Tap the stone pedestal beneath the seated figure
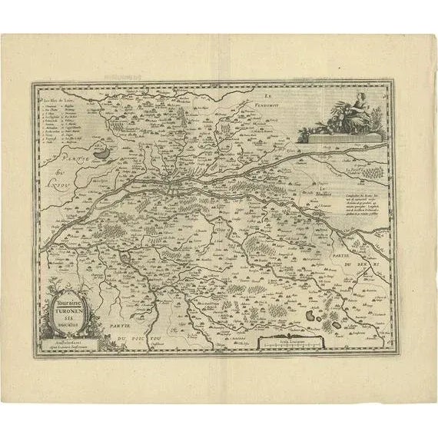[338, 138]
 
